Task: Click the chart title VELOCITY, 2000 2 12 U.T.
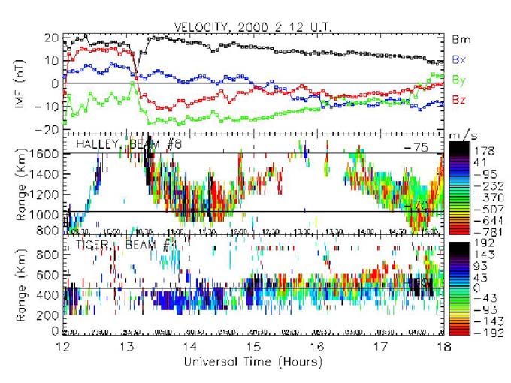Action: pyautogui.click(x=253, y=26)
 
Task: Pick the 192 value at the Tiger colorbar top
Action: pyautogui.click(x=482, y=245)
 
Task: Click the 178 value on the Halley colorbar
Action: pyautogui.click(x=482, y=150)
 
